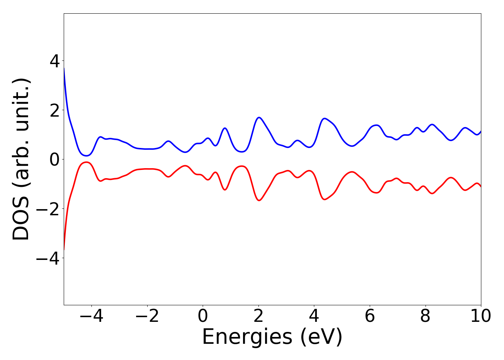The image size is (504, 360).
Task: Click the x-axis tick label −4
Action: tap(91, 316)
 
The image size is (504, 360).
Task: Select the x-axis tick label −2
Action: tap(147, 316)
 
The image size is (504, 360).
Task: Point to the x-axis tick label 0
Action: tap(203, 316)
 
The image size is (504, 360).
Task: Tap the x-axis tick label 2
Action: tap(258, 316)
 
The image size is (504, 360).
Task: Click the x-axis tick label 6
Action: tap(370, 316)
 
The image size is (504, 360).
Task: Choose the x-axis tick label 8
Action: tap(426, 316)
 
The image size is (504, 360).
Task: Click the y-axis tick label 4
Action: tap(55, 61)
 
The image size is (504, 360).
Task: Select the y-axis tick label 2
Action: tap(55, 110)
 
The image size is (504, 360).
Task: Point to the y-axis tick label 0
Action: tap(55, 159)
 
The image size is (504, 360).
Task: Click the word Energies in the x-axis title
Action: tap(247, 337)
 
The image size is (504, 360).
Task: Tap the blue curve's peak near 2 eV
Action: tap(259, 117)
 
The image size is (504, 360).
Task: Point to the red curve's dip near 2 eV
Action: tap(259, 201)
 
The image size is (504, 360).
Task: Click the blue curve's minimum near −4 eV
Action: tap(86, 156)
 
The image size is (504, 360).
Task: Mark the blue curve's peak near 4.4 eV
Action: tap(325, 118)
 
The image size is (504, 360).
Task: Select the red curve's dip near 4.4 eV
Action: tap(325, 199)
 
